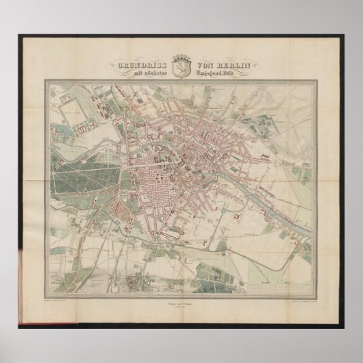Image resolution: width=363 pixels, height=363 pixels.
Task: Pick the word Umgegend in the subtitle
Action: (x=209, y=73)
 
